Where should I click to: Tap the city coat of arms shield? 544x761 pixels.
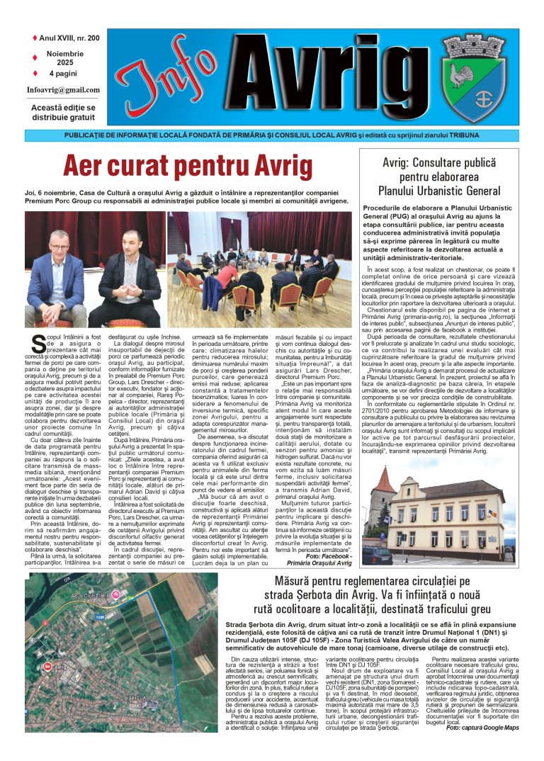pyautogui.click(x=475, y=78)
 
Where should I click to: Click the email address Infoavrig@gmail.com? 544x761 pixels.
pyautogui.click(x=63, y=90)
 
